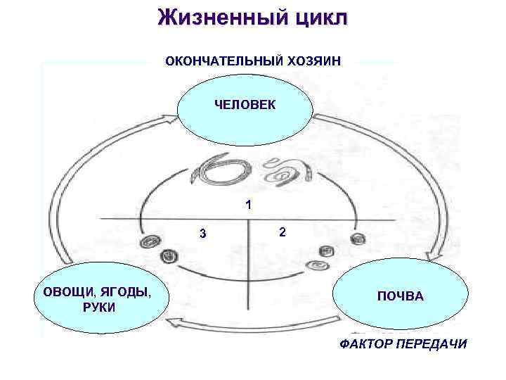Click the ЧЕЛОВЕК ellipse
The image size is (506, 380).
pyautogui.click(x=245, y=106)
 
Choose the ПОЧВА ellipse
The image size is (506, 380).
pyautogui.click(x=399, y=296)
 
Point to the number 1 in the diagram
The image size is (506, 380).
pyautogui.click(x=248, y=205)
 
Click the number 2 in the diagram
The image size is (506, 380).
pyautogui.click(x=282, y=232)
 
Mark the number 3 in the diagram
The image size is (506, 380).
pyautogui.click(x=202, y=234)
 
